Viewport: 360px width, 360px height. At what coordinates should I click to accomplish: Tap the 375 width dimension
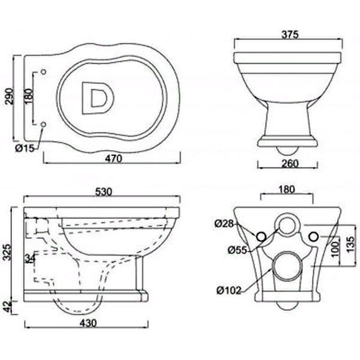pos(287,35)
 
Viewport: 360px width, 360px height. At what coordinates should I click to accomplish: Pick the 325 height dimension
pos(7,250)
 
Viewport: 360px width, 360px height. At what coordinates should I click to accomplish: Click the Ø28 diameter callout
pos(223,224)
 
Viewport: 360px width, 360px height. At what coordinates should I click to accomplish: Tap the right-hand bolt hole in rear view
pos(312,236)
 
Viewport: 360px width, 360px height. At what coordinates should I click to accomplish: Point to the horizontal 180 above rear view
pos(287,190)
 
